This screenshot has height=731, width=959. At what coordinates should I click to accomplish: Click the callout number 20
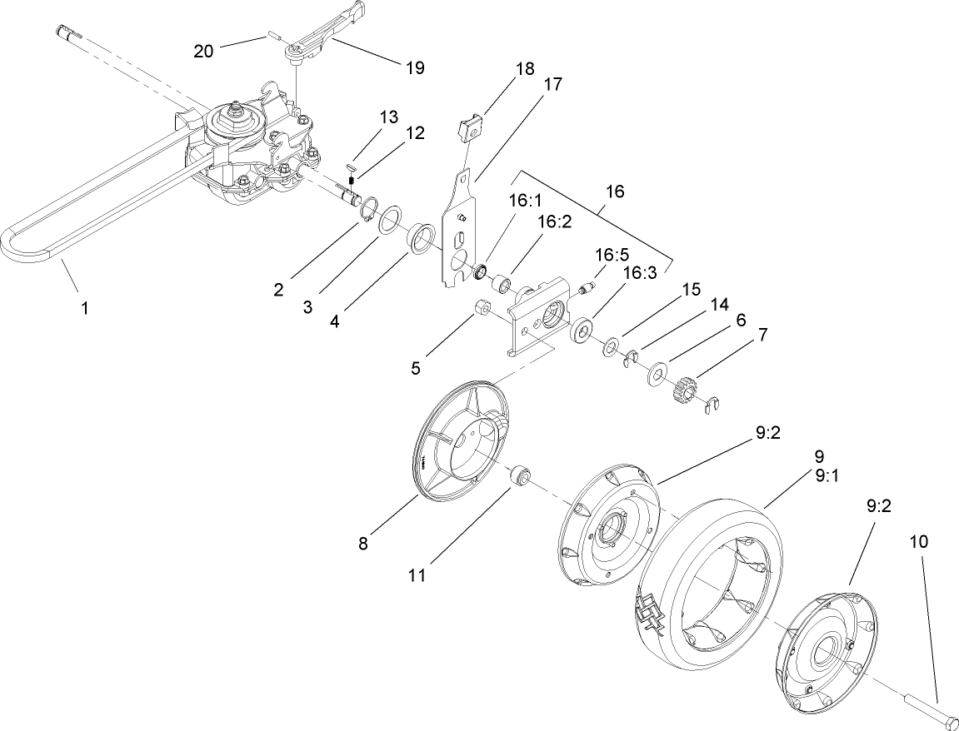[202, 51]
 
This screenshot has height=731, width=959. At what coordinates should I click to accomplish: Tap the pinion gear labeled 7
[681, 388]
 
